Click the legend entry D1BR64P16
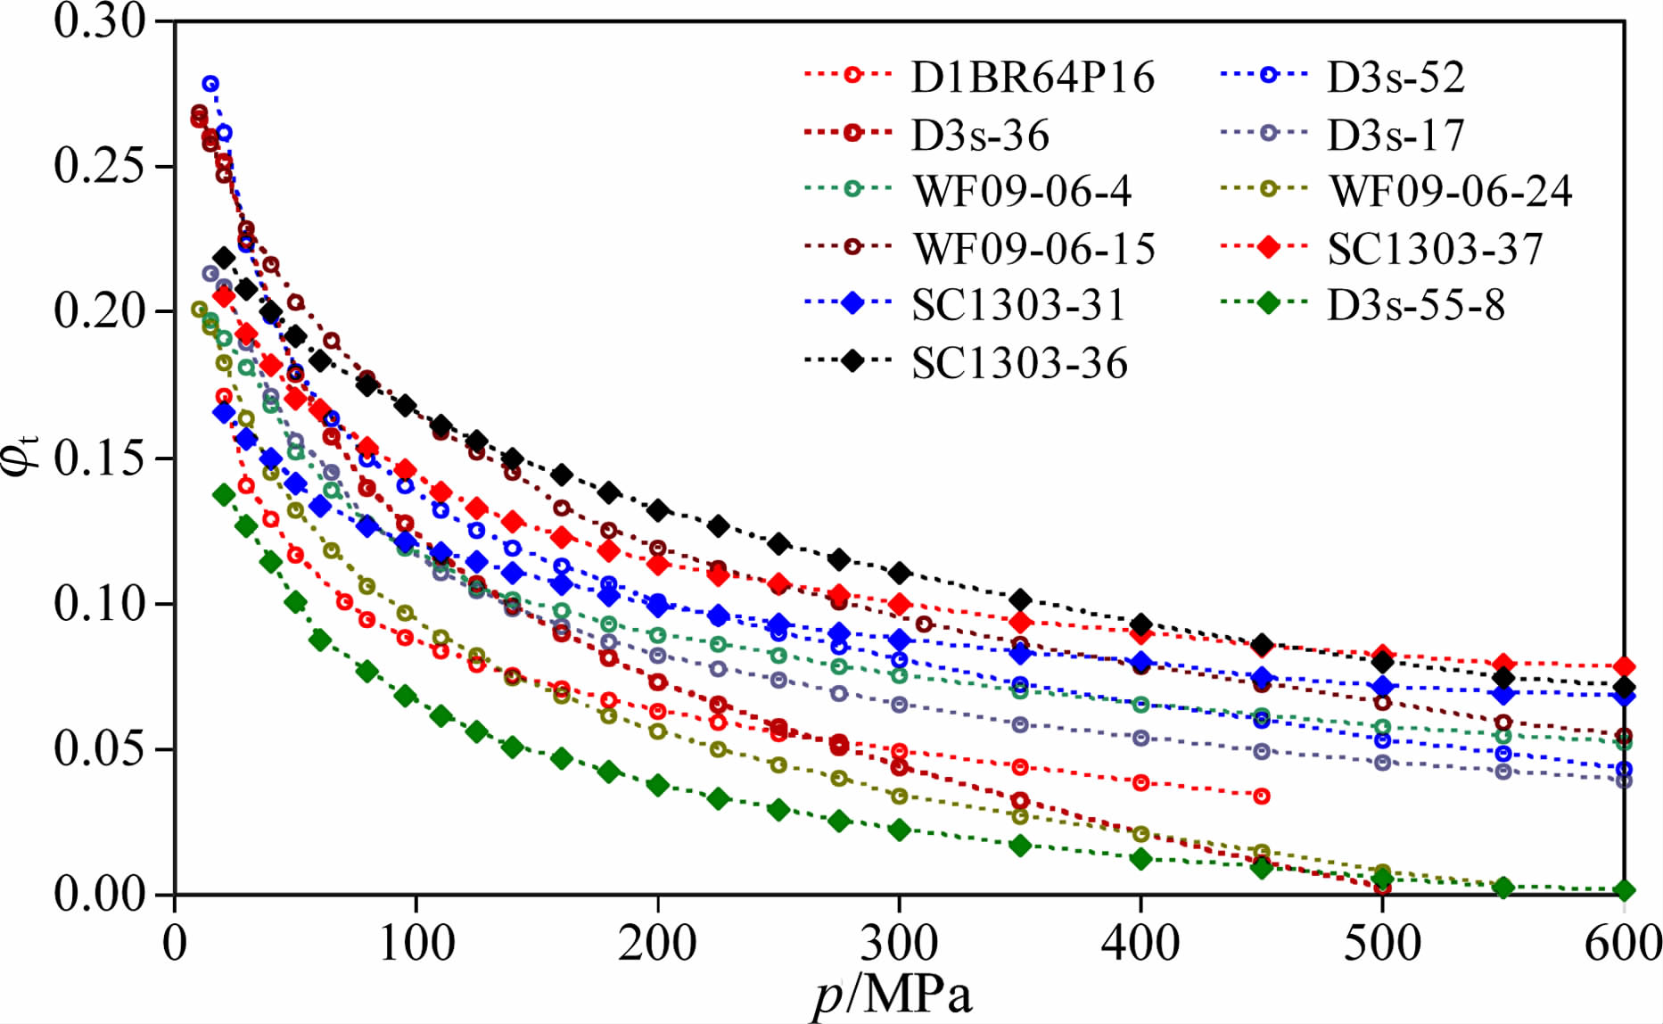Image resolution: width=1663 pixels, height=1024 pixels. pyautogui.click(x=1033, y=78)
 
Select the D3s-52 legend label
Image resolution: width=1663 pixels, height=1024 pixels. pyautogui.click(x=1395, y=78)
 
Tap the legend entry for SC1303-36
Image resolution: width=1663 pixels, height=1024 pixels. pyautogui.click(x=1019, y=363)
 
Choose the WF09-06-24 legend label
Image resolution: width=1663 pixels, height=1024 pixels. pyautogui.click(x=1451, y=192)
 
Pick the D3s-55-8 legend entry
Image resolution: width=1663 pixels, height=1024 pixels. pyautogui.click(x=1416, y=306)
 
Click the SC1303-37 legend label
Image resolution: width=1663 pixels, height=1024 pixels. pyautogui.click(x=1435, y=249)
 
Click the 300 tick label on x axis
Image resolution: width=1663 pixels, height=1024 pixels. pyautogui.click(x=899, y=943)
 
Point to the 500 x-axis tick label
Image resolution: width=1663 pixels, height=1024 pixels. pyautogui.click(x=1382, y=943)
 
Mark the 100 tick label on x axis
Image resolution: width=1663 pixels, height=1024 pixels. pyautogui.click(x=416, y=943)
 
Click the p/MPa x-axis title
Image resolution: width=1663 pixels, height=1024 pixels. pyautogui.click(x=892, y=995)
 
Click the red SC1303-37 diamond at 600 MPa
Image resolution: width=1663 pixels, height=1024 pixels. pyautogui.click(x=1624, y=666)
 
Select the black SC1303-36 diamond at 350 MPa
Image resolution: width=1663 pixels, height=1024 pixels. pyautogui.click(x=1021, y=599)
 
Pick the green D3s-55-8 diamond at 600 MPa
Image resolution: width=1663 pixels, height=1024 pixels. pyautogui.click(x=1624, y=890)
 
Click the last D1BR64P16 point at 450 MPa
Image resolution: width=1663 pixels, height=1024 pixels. pyautogui.click(x=1261, y=796)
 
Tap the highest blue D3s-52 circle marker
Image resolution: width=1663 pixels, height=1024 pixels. pyautogui.click(x=210, y=84)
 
